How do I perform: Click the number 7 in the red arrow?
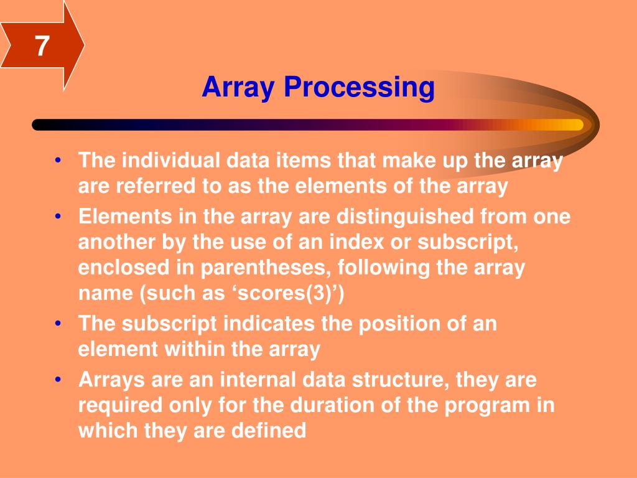[41, 47]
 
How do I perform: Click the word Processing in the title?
[359, 87]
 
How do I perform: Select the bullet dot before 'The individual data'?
[58, 161]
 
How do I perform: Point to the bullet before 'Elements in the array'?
[58, 217]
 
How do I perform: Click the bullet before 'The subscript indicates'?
[58, 324]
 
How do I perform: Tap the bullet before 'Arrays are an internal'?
[58, 380]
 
